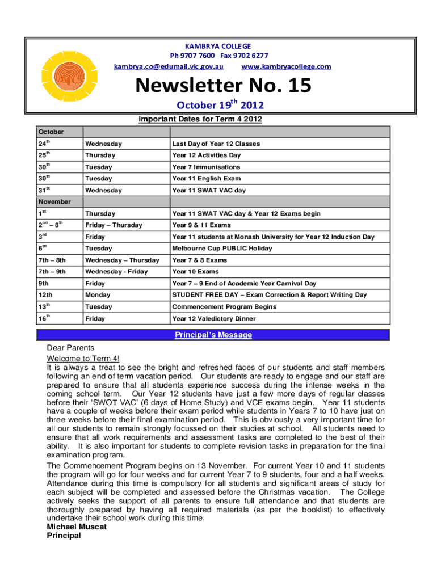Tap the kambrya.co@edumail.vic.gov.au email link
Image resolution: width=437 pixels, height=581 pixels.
coord(169,67)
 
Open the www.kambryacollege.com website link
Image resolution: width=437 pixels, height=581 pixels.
coord(286,67)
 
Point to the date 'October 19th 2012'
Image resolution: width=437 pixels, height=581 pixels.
coord(220,105)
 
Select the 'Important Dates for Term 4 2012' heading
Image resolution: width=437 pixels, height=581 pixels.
coord(200,119)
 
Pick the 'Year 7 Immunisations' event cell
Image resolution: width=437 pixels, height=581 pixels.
coord(206,167)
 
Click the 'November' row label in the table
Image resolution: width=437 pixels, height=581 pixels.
coord(54,201)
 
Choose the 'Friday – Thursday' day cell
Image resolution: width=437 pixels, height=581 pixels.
coord(111,225)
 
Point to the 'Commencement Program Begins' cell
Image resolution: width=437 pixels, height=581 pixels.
coord(224,307)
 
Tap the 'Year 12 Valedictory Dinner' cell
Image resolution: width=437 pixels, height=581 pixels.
coord(214,319)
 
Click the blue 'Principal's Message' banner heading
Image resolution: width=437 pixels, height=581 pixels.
coord(213,335)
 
